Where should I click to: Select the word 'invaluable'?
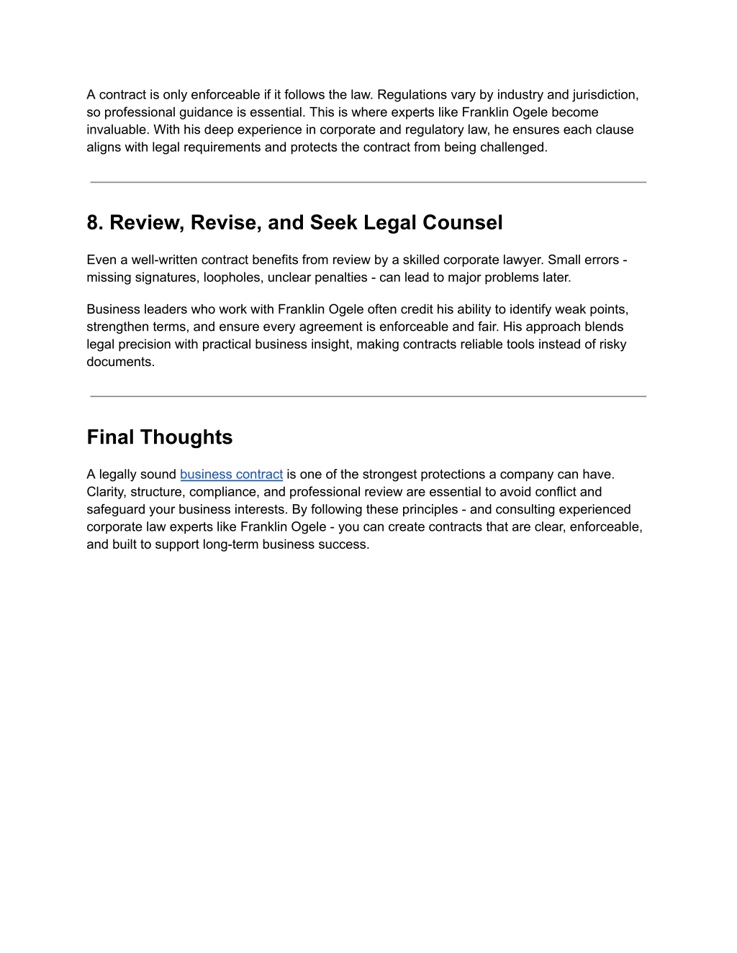(116, 129)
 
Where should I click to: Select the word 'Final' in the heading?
(111, 437)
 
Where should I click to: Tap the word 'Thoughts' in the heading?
(186, 437)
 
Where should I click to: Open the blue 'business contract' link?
(231, 475)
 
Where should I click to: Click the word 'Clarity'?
(105, 492)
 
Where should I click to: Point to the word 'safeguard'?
(116, 509)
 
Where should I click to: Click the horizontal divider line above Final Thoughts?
(368, 396)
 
